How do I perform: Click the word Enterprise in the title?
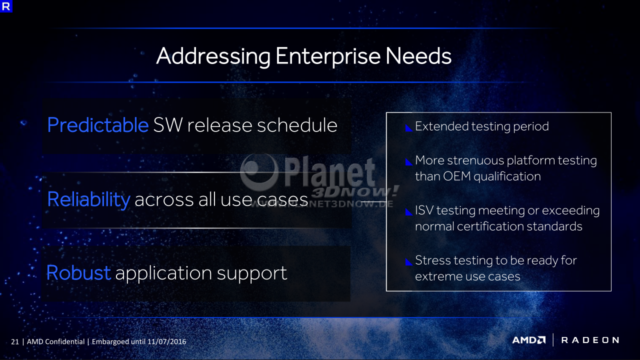click(x=328, y=56)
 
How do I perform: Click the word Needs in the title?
click(x=418, y=55)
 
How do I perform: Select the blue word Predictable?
click(x=97, y=125)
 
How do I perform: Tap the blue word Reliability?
click(x=88, y=199)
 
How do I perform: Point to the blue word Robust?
click(x=78, y=272)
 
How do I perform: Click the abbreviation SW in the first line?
click(x=167, y=125)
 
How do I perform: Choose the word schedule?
click(x=297, y=125)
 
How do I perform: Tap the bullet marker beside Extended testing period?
click(x=409, y=128)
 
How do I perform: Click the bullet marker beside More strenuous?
click(x=409, y=162)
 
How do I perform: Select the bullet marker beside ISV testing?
click(x=409, y=212)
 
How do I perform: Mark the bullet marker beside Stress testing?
click(x=409, y=261)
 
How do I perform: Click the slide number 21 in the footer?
click(x=15, y=341)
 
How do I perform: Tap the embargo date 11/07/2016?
click(x=167, y=341)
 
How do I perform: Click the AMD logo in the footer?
click(x=529, y=340)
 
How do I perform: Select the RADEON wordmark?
click(x=590, y=340)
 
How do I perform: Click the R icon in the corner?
click(x=6, y=6)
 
